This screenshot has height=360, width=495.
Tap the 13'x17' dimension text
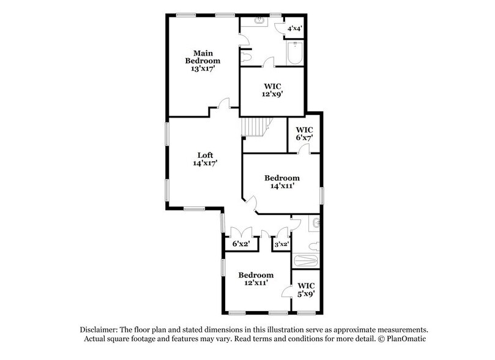coord(203,69)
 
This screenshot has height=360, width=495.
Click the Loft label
coord(204,154)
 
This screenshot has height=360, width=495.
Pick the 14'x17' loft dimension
coord(204,163)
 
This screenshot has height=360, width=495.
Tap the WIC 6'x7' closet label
coord(304,134)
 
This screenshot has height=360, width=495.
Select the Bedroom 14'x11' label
coord(282,182)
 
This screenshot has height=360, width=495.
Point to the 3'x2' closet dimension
coord(281,244)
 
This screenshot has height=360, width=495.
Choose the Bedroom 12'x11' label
coord(256,279)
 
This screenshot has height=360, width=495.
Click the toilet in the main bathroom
coord(247,57)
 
